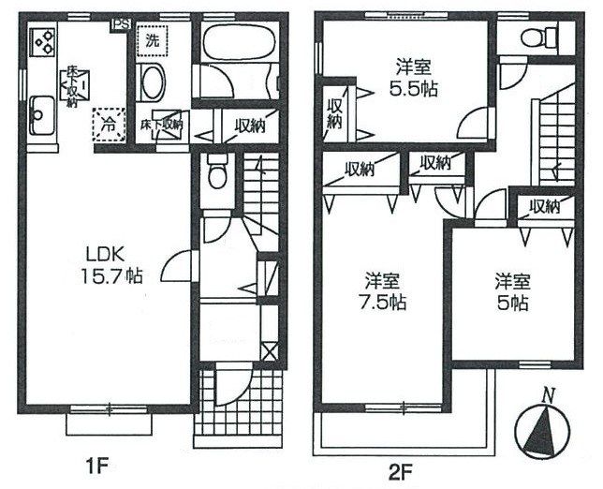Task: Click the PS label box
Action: [x=121, y=24]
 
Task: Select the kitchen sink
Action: [x=42, y=115]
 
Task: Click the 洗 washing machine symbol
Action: [x=153, y=41]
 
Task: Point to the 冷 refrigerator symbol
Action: [x=109, y=124]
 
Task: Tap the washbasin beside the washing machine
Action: [x=151, y=82]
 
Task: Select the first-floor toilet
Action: [x=217, y=170]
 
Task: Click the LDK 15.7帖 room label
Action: [x=111, y=265]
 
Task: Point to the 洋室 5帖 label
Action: [x=512, y=291]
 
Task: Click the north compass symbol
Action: [x=542, y=426]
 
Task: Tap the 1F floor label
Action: [x=98, y=467]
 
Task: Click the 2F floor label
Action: [x=400, y=470]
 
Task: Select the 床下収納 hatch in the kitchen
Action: [x=75, y=87]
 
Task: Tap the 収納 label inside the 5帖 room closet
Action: [x=544, y=207]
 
